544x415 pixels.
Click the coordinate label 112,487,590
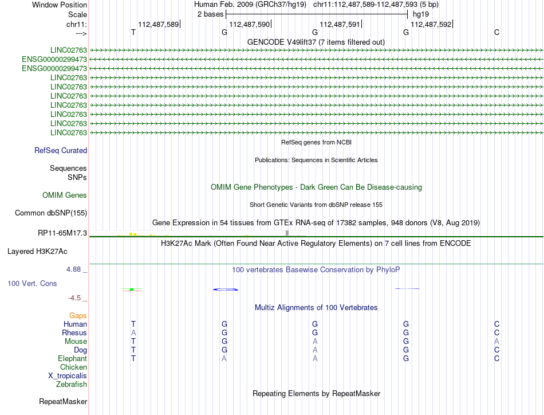tap(249, 24)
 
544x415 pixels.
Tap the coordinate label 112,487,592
tap(431, 24)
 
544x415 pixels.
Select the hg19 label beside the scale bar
tap(421, 14)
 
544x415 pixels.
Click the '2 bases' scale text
tap(210, 14)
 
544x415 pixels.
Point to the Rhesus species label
tap(74, 333)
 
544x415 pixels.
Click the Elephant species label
tap(72, 359)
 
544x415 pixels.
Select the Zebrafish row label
tap(72, 385)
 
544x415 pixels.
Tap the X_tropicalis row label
tap(68, 376)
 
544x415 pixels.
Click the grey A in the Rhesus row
tap(133, 333)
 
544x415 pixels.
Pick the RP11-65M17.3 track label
tap(61, 233)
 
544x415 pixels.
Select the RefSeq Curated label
tap(61, 151)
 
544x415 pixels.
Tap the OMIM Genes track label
tap(65, 195)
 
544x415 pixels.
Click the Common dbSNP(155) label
tap(51, 213)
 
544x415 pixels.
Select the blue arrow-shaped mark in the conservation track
tap(225, 289)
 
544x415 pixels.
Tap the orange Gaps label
tap(78, 316)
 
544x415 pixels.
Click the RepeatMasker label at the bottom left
tap(63, 401)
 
